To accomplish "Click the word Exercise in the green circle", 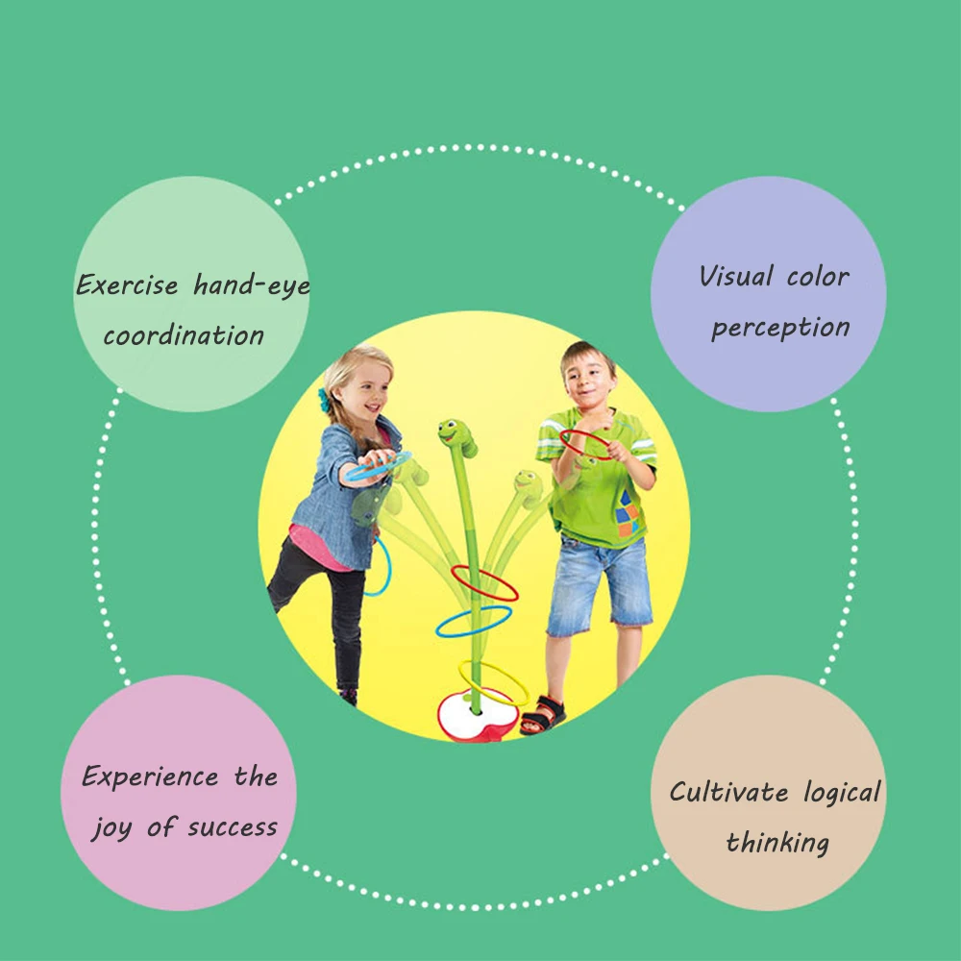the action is click(127, 284).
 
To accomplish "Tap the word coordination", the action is click(184, 335).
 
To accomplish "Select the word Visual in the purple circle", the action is click(736, 277).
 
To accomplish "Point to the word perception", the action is click(780, 328).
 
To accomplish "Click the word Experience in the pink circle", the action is click(150, 776).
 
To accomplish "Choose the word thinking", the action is click(777, 843).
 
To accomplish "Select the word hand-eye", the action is click(251, 284).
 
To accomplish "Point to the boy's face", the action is click(588, 378).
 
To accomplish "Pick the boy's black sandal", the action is click(543, 714).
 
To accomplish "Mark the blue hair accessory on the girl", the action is click(324, 400).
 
